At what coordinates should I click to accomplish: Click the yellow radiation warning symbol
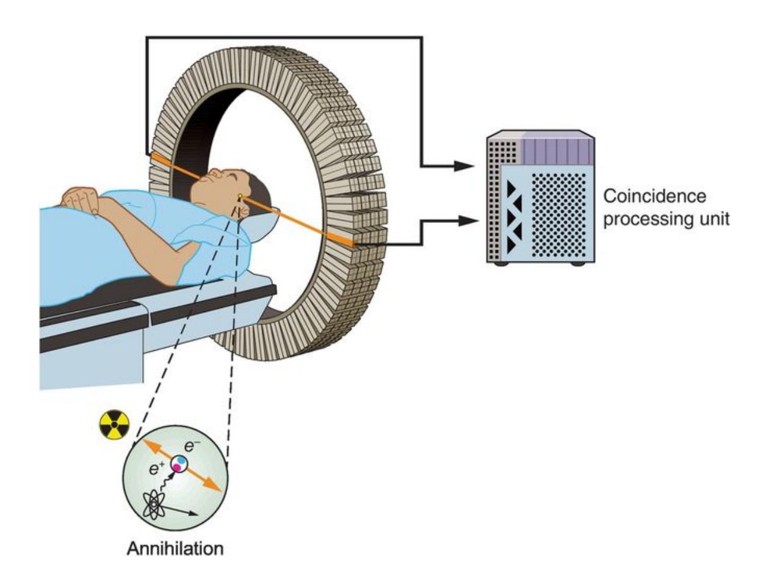(114, 425)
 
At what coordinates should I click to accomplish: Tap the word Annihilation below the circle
(175, 548)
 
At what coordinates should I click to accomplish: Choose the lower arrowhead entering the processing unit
(466, 221)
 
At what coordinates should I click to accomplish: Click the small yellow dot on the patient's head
(240, 197)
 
